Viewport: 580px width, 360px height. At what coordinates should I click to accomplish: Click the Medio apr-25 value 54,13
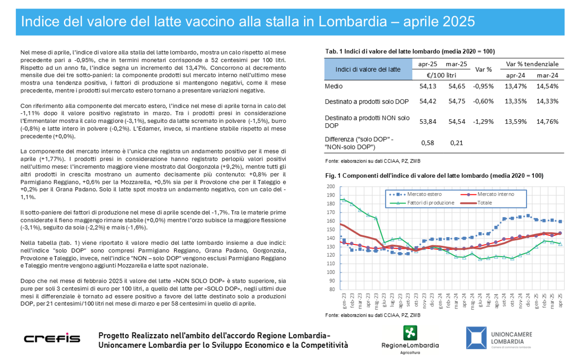click(428, 86)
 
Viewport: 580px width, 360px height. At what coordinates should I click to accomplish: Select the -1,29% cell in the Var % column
click(483, 121)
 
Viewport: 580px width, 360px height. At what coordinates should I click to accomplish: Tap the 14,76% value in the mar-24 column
click(547, 121)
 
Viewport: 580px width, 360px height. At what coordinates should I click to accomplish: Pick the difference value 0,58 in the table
click(428, 143)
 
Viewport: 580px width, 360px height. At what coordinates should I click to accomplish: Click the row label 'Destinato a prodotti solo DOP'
click(366, 102)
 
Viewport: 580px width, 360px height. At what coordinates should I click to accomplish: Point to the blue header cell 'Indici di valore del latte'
click(368, 69)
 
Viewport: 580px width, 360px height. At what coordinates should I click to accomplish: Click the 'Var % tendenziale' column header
click(532, 64)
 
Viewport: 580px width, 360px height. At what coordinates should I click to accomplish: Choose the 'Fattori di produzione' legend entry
click(422, 202)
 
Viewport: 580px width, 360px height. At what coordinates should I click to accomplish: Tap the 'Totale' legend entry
click(477, 202)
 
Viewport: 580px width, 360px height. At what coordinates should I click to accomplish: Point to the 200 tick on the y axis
click(330, 186)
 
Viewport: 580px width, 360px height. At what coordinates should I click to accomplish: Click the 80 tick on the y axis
click(332, 289)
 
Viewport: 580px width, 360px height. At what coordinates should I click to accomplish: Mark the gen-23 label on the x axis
click(344, 301)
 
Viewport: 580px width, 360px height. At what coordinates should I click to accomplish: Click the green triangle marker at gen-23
click(344, 199)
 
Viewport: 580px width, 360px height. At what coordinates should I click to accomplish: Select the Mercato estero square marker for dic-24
click(528, 216)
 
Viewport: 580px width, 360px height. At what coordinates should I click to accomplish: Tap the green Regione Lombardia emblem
click(410, 333)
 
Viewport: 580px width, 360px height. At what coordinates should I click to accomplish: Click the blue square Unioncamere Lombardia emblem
click(477, 337)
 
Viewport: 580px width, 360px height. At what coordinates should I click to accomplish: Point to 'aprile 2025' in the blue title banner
click(439, 22)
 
